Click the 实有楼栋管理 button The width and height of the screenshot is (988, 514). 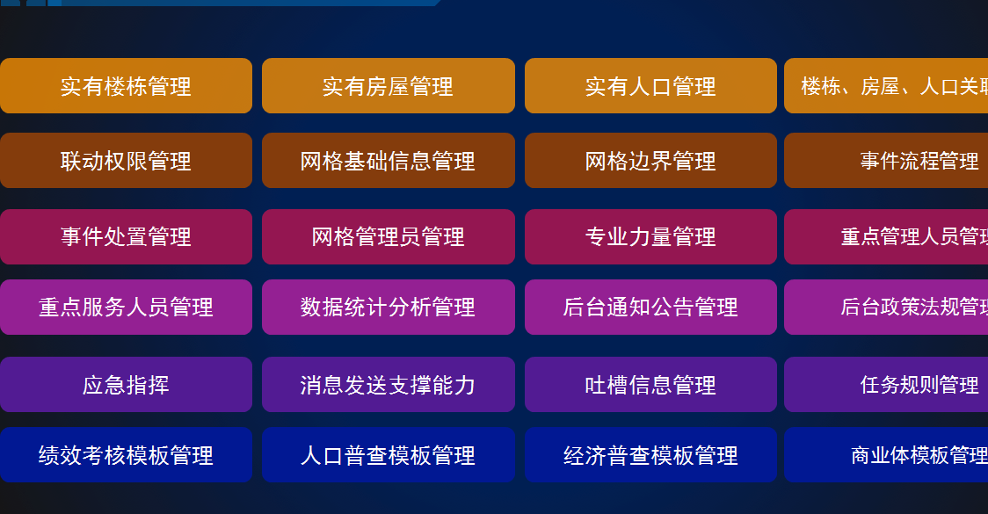coord(126,86)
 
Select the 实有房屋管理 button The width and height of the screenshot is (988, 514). coord(388,86)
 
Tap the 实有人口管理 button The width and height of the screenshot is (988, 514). coord(650,86)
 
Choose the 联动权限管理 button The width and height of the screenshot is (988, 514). coord(126,161)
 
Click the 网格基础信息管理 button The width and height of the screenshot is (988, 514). coord(388,161)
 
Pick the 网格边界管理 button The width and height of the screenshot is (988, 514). coord(650,161)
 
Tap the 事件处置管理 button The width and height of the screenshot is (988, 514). coord(126,236)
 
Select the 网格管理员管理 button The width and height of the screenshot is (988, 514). coord(388,236)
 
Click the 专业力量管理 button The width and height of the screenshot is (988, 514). coord(650,236)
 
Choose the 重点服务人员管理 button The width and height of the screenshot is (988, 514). coord(126,307)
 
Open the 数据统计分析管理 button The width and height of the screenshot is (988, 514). coord(388,307)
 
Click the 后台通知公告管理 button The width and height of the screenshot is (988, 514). coord(650,307)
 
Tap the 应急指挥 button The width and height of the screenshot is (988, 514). coord(126,385)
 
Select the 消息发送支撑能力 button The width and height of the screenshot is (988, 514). coord(388,385)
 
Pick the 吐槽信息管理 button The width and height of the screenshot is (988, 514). coord(650,385)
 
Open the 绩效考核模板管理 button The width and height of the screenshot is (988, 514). coord(126,455)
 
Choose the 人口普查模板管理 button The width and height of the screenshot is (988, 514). coord(388,455)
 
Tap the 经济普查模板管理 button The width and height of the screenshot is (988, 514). coord(650,455)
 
